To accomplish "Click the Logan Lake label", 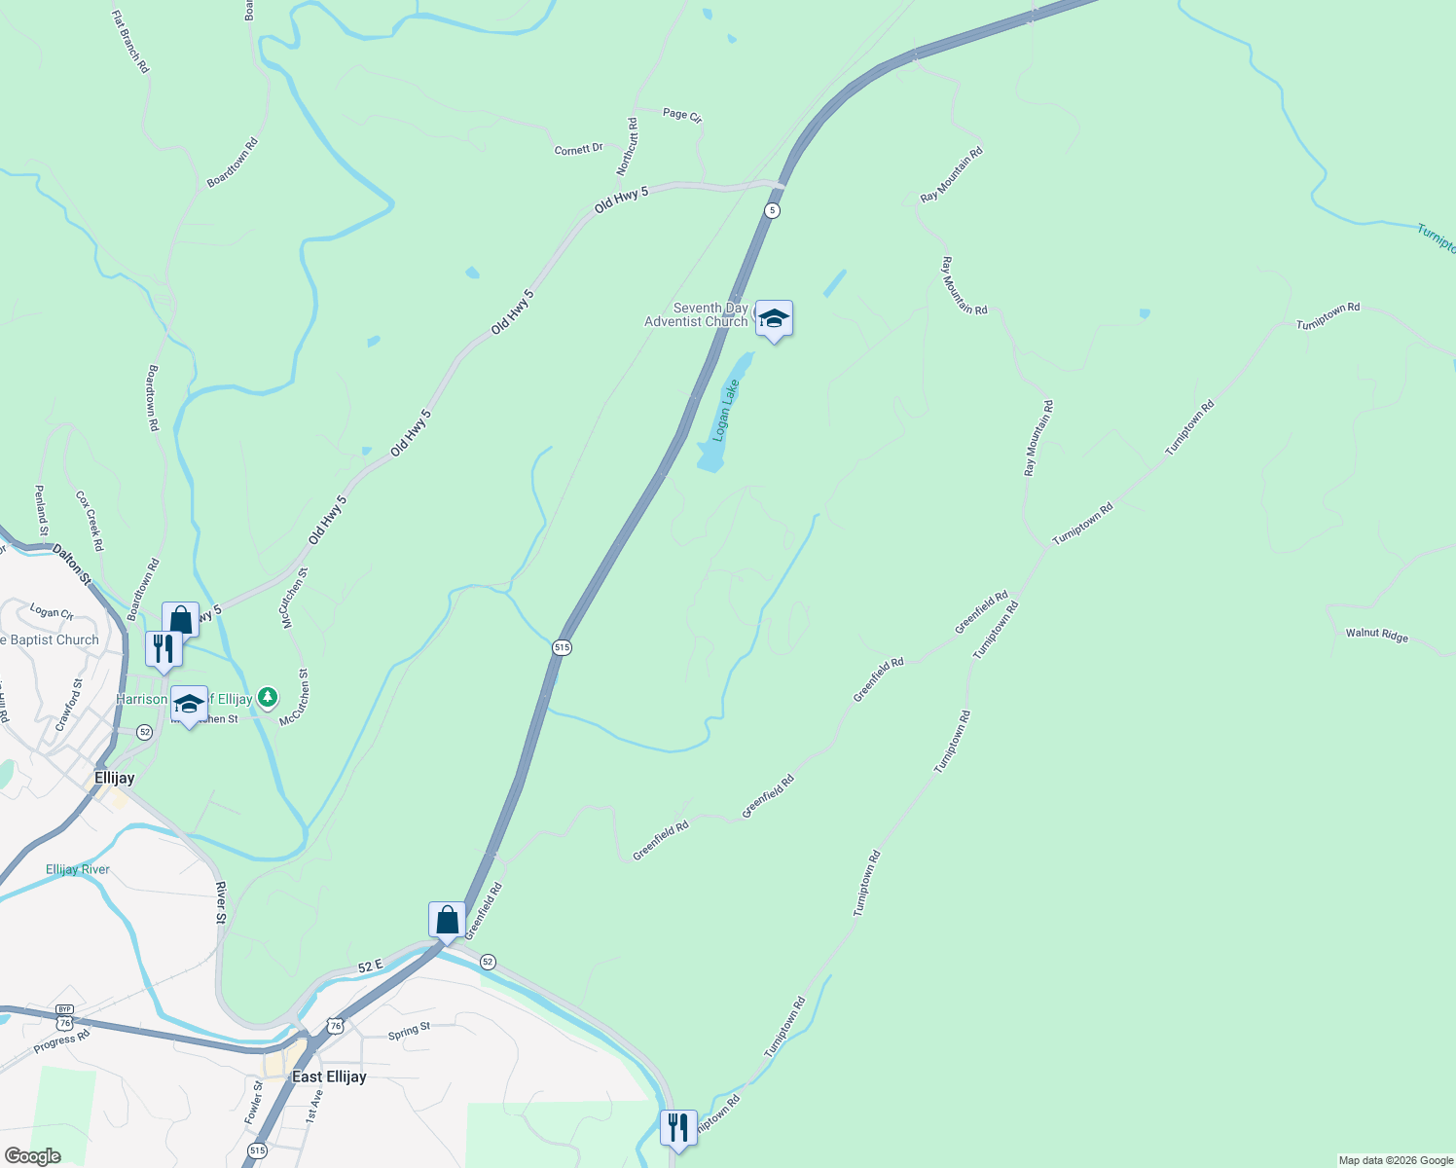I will tap(726, 410).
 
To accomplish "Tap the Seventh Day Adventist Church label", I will tap(697, 314).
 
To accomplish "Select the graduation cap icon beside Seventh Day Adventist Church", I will tap(774, 318).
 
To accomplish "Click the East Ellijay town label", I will tap(329, 1077).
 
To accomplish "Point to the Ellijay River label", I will tap(78, 869).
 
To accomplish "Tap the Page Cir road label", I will tap(682, 115).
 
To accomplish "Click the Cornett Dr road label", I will tap(578, 149).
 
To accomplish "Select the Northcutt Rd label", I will tap(627, 147).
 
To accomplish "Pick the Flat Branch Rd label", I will tap(130, 43).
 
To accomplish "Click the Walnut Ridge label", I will tap(1376, 635).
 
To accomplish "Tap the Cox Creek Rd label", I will tap(90, 521).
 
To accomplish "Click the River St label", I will tap(221, 902).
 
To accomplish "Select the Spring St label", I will tap(409, 1030).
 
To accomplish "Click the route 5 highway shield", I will tap(772, 210).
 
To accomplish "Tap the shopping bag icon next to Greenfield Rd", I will tap(447, 918).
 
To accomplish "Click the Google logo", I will tap(32, 1156).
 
